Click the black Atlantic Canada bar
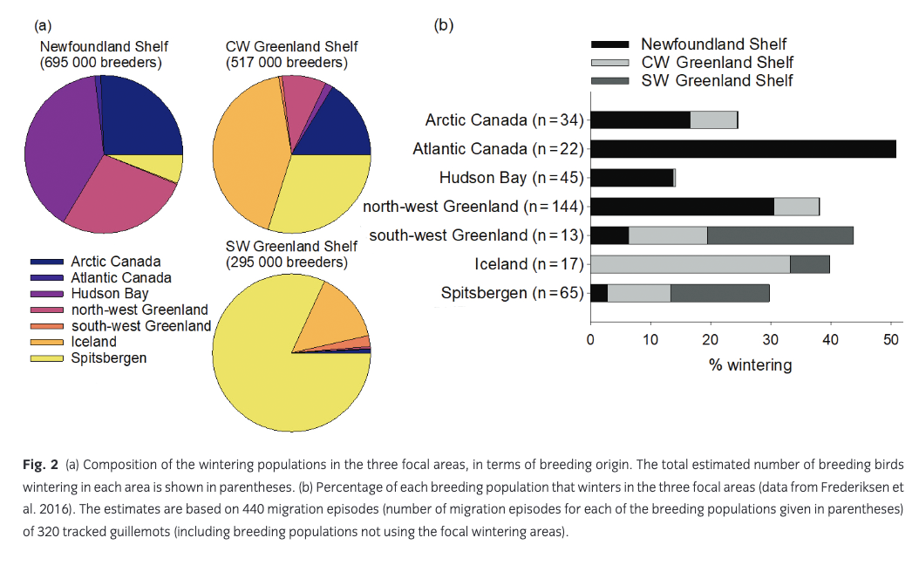[743, 149]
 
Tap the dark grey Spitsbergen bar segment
[719, 293]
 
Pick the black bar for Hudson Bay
[632, 178]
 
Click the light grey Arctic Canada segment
[713, 120]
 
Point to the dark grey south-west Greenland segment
[779, 235]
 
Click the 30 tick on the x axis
[771, 338]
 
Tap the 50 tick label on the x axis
[890, 338]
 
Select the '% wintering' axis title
[750, 364]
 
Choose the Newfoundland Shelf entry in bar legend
[713, 44]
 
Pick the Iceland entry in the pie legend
[93, 342]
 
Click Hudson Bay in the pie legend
[109, 294]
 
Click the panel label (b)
[444, 25]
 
